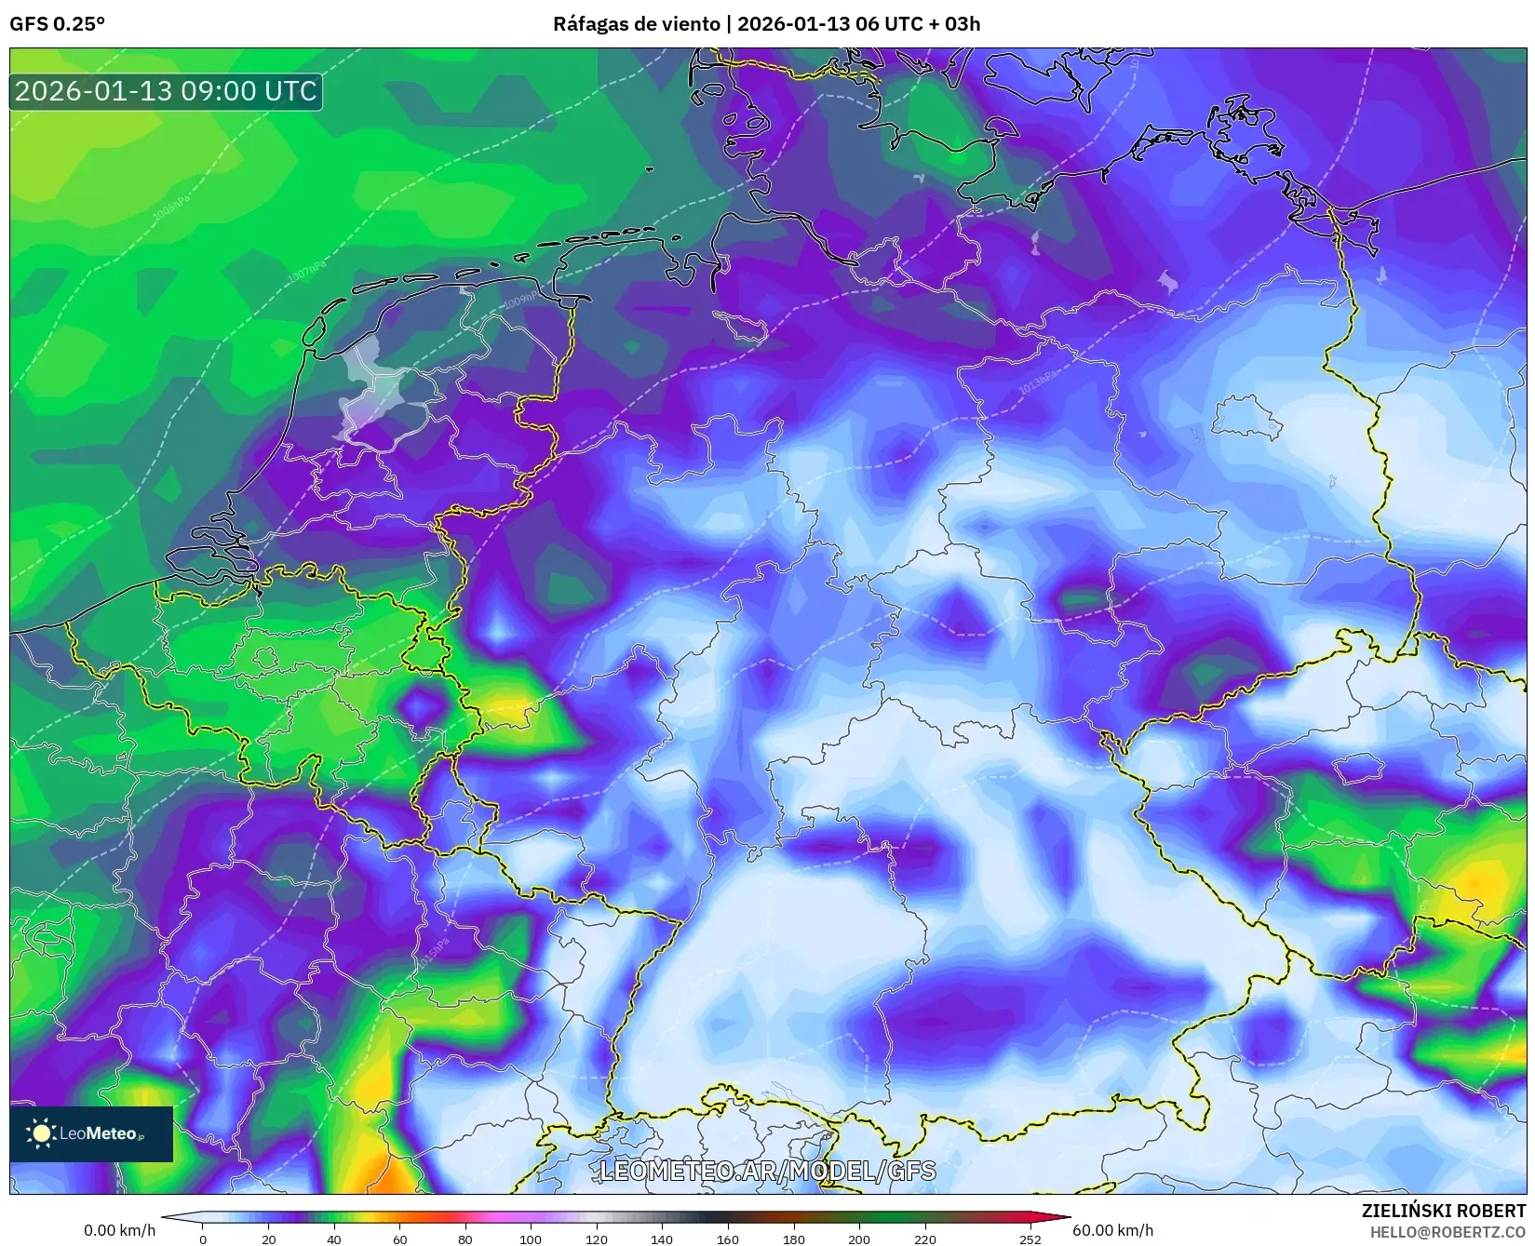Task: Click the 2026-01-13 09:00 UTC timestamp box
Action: pos(166,91)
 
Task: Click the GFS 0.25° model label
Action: pos(57,24)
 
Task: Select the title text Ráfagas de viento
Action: pos(637,24)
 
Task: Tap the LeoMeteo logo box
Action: pos(91,1133)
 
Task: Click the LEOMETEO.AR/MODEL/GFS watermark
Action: pos(767,1171)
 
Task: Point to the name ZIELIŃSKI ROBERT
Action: pos(1444,1211)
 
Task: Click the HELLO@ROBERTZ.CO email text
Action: pos(1447,1231)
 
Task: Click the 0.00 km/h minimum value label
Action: pos(119,1230)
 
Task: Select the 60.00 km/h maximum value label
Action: pos(1112,1230)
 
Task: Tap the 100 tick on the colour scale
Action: pos(530,1239)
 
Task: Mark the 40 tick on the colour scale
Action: pos(333,1239)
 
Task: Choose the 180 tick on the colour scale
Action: pos(793,1239)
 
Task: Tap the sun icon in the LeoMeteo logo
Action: pos(41,1133)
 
